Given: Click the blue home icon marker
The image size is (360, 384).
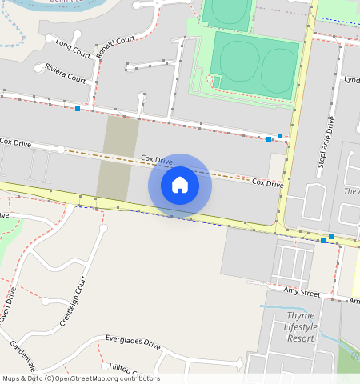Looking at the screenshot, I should click(x=180, y=186).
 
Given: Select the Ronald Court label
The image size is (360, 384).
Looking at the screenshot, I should click(x=115, y=46).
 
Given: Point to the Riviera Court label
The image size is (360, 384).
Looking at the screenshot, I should click(x=66, y=73).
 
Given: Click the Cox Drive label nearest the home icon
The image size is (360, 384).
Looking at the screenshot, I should click(x=157, y=161).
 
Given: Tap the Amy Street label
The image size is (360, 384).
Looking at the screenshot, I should click(x=302, y=294).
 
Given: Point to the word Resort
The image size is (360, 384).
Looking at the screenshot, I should click(x=301, y=338).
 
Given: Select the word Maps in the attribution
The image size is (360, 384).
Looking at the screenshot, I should click(x=11, y=378).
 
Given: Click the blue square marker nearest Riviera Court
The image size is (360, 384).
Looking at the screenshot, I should click(x=78, y=108).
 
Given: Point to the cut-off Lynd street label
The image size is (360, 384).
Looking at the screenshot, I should click(x=351, y=80).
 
